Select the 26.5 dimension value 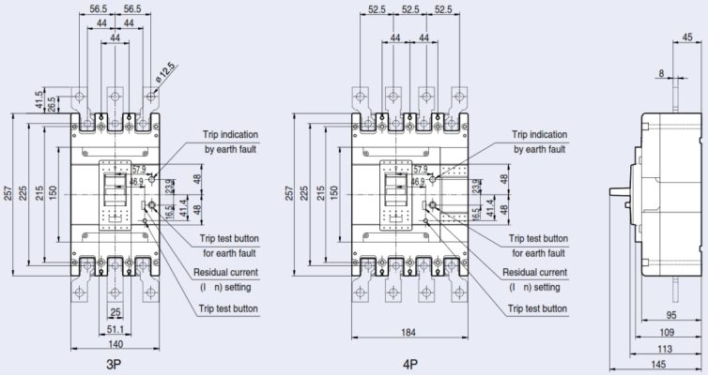click(50, 102)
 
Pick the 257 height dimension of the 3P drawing click(8, 192)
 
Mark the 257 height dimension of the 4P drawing click(287, 192)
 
